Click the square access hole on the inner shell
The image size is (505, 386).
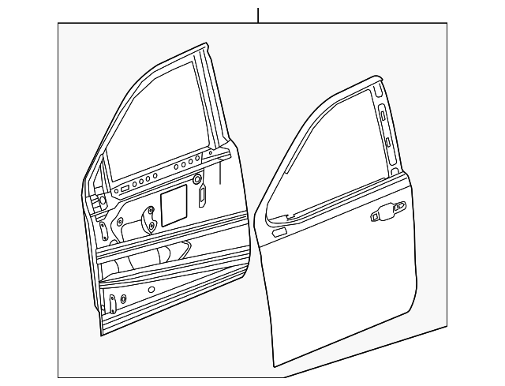click(x=173, y=204)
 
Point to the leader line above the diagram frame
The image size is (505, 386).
click(x=258, y=15)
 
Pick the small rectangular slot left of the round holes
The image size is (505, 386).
click(x=125, y=189)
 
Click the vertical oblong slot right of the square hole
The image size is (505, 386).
click(x=202, y=195)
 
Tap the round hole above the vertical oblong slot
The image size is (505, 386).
click(x=196, y=181)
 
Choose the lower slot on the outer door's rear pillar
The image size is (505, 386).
click(x=388, y=141)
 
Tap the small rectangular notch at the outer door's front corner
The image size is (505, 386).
click(x=279, y=233)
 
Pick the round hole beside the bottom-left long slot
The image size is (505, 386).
click(x=123, y=300)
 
